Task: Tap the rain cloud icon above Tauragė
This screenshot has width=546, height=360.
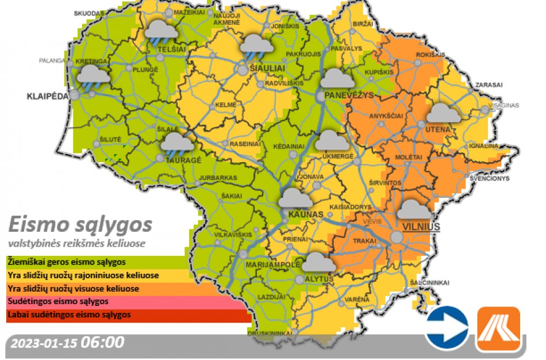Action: pyautogui.click(x=178, y=144)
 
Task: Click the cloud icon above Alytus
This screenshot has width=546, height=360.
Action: pyautogui.click(x=318, y=262)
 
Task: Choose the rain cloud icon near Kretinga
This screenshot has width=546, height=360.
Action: pyautogui.click(x=93, y=77)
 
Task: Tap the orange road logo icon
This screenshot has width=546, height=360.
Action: pyautogui.click(x=498, y=328)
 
